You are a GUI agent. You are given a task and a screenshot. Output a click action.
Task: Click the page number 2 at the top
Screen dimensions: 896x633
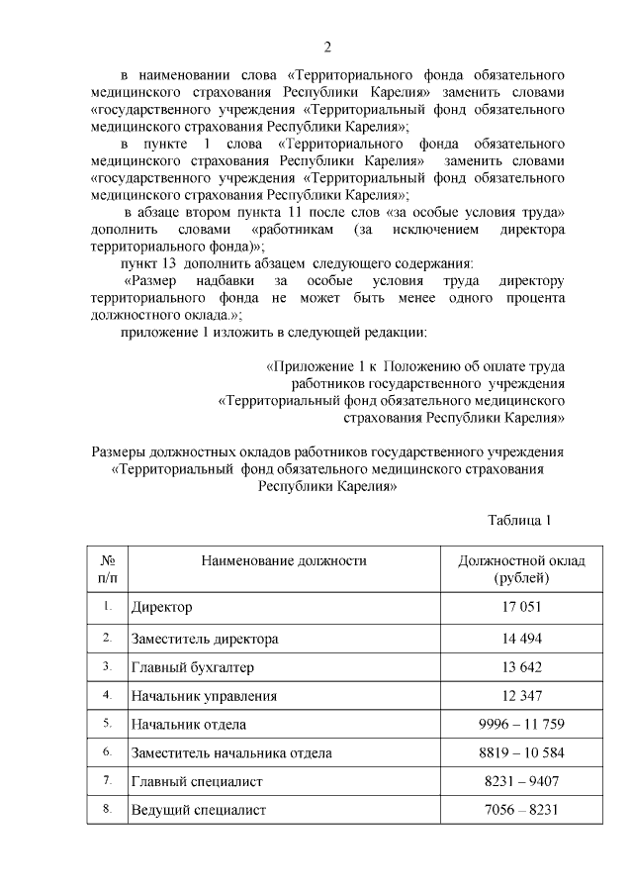(x=327, y=47)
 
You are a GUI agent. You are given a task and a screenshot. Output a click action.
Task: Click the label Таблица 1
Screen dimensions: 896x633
(x=519, y=520)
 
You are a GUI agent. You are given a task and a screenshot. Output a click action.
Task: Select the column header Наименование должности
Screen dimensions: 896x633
(x=284, y=560)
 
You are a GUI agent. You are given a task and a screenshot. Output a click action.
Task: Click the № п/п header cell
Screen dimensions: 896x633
(x=107, y=569)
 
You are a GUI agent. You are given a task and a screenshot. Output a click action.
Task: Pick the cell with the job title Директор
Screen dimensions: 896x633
(x=162, y=606)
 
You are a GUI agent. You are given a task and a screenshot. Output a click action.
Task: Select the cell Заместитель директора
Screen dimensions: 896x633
(x=205, y=639)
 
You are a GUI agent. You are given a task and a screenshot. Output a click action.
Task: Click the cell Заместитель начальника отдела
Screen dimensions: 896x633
(x=231, y=753)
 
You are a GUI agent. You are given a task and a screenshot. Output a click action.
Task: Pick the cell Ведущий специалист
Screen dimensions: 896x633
(x=199, y=811)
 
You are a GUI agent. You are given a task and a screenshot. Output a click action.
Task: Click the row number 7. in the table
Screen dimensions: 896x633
(x=107, y=781)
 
